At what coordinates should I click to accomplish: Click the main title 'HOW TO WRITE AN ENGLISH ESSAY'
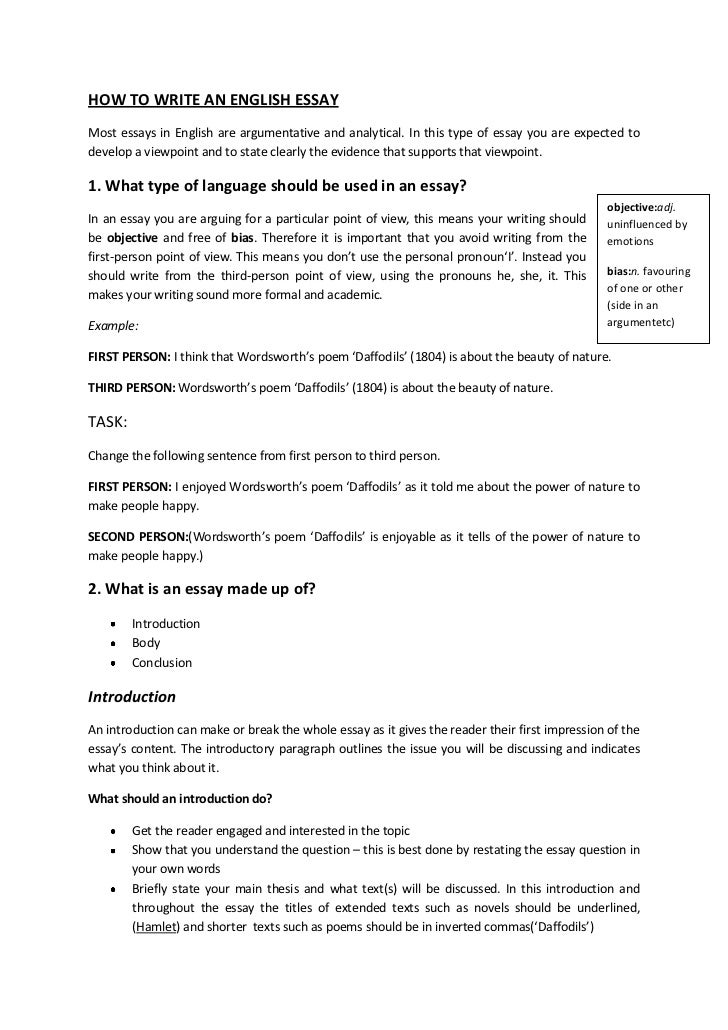214,100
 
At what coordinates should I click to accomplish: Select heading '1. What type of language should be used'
280,186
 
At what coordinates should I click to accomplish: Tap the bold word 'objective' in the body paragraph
131,238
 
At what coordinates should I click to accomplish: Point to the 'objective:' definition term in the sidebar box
630,207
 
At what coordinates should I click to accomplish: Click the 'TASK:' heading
108,422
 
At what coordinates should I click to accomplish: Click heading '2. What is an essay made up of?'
203,587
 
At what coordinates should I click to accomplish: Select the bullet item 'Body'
145,643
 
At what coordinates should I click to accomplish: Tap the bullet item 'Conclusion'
161,662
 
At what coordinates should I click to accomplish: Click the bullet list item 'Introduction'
165,623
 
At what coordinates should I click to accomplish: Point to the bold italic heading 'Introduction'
132,696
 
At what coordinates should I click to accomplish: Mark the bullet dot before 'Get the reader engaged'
116,832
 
